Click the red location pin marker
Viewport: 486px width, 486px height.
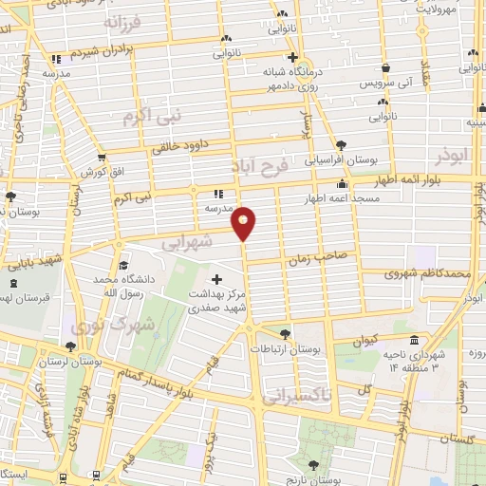(244, 222)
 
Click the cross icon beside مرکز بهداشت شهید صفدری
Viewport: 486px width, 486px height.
(216, 281)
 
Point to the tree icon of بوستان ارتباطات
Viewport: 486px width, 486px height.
(285, 333)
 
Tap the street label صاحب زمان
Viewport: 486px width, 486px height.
(331, 254)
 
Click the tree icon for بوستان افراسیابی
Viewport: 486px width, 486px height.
(341, 145)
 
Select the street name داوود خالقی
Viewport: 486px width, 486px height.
(180, 147)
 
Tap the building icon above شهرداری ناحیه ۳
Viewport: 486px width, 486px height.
(415, 340)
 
